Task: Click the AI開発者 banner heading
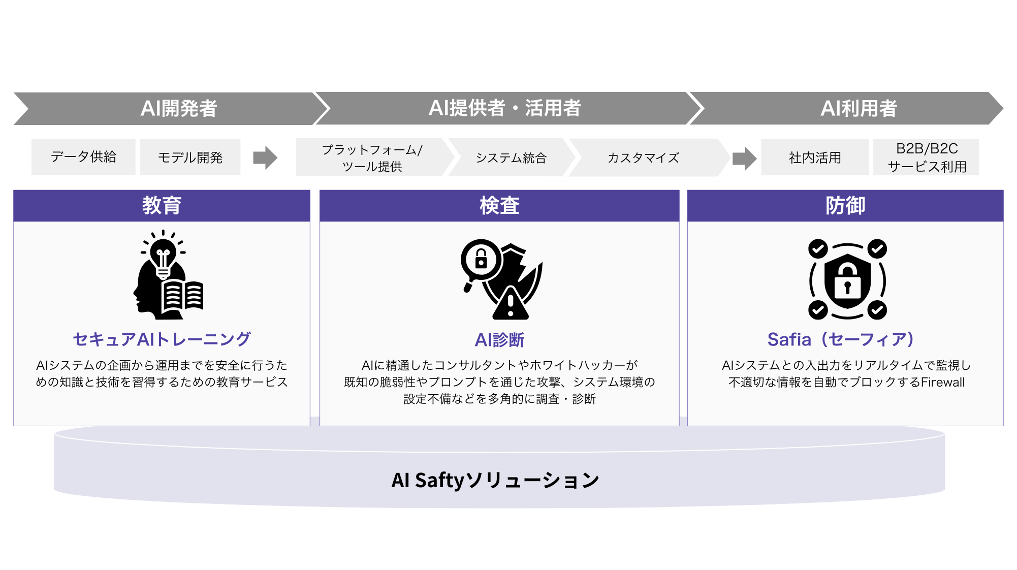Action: [178, 108]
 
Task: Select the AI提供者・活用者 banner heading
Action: [504, 108]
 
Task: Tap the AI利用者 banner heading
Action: [858, 108]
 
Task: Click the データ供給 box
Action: [83, 157]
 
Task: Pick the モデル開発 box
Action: [190, 157]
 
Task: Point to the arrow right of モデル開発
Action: [265, 157]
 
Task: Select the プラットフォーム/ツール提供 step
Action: [372, 157]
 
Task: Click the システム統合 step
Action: [511, 158]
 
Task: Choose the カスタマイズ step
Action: [643, 158]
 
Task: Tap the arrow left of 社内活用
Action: [744, 158]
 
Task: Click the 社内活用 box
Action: [815, 157]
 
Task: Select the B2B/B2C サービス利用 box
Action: [927, 157]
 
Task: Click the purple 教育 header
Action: [162, 206]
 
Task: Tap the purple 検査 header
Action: [499, 206]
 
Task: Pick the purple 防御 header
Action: [845, 206]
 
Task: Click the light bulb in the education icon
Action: [163, 254]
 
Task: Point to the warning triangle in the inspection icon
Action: [511, 304]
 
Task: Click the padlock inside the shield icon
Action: [847, 282]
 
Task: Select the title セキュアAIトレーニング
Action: [162, 339]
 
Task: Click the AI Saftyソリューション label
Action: [495, 480]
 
